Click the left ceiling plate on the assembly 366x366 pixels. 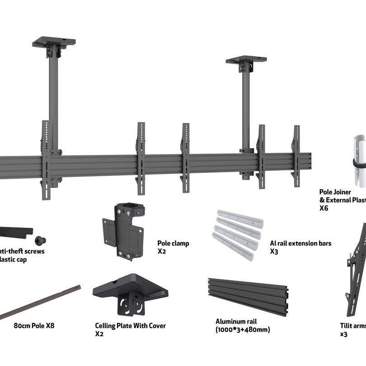pyautogui.click(x=54, y=42)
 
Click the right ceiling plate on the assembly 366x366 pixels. pyautogui.click(x=246, y=60)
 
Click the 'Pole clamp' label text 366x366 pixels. pyautogui.click(x=173, y=243)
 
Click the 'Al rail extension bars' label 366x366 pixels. pyautogui.click(x=300, y=243)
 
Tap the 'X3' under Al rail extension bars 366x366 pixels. pyautogui.click(x=274, y=251)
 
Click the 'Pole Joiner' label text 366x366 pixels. pyautogui.click(x=335, y=192)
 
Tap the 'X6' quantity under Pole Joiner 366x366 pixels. pyautogui.click(x=324, y=208)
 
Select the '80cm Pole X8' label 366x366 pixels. pyautogui.click(x=34, y=325)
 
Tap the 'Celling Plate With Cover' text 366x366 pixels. pyautogui.click(x=130, y=325)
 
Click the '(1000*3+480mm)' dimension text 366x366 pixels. pyautogui.click(x=243, y=329)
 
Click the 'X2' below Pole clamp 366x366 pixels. pyautogui.click(x=162, y=251)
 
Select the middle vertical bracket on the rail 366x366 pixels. pyautogui.click(x=185, y=158)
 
